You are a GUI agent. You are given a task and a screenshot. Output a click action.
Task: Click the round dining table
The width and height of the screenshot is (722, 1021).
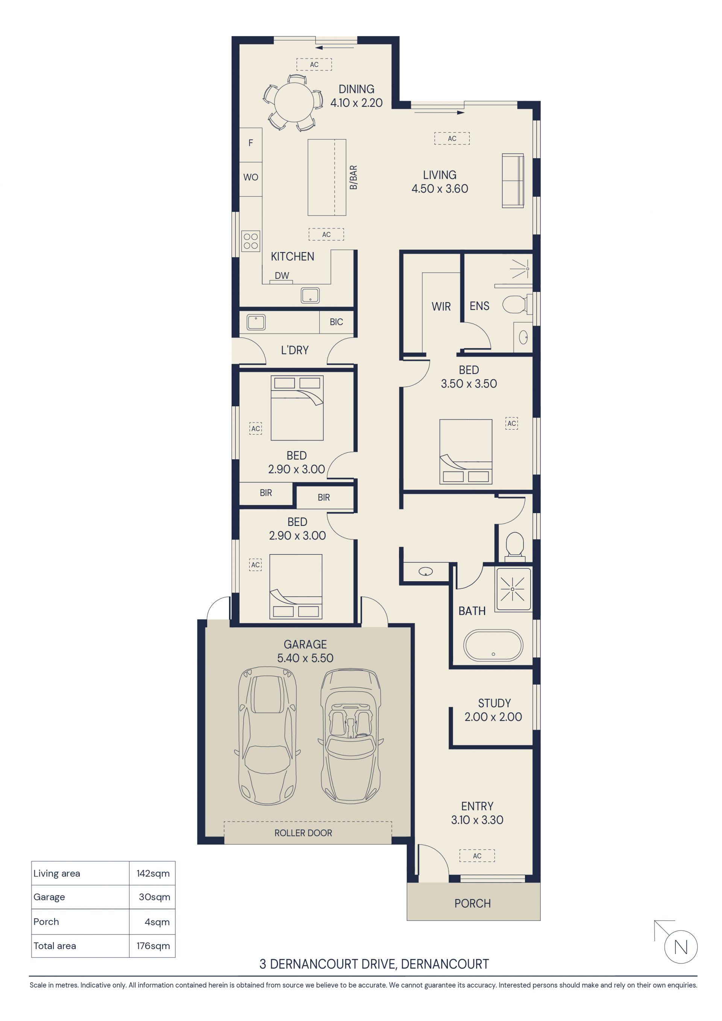point(293,102)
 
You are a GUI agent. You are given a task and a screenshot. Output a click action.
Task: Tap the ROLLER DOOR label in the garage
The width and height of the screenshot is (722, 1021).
point(303,833)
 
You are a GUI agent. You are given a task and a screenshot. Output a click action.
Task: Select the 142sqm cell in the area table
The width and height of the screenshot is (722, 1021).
point(153,874)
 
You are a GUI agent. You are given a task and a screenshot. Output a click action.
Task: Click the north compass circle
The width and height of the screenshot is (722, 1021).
point(681,947)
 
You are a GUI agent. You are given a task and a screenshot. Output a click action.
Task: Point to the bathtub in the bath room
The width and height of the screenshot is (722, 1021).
point(493,645)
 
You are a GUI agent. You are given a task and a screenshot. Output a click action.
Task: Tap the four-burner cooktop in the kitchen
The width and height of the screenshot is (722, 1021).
point(251,241)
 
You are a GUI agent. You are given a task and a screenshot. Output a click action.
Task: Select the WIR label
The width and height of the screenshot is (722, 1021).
point(441,306)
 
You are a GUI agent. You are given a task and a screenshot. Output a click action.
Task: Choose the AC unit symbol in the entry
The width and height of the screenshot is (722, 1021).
point(477,855)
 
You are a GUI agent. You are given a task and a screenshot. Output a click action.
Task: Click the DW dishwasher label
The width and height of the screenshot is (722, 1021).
point(282,276)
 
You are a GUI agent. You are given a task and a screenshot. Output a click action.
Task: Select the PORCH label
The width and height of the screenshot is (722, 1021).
point(473,903)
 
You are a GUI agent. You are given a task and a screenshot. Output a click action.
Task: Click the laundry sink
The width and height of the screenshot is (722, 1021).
point(256,322)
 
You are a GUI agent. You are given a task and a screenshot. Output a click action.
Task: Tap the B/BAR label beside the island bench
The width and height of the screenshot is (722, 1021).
point(353,178)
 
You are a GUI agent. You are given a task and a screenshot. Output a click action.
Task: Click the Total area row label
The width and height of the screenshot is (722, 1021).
point(55,946)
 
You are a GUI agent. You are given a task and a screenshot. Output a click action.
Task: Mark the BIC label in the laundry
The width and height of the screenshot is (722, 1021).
point(336,322)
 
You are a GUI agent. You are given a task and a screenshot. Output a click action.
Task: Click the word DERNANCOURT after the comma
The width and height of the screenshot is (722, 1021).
point(445,964)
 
